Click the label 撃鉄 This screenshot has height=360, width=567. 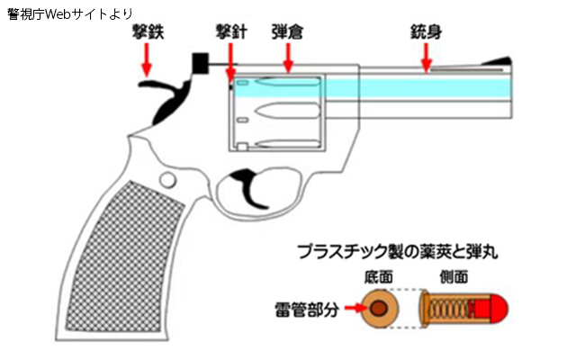click(148, 31)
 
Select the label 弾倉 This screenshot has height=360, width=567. click(287, 31)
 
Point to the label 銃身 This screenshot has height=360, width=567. click(426, 31)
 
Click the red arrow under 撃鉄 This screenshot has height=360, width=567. click(148, 60)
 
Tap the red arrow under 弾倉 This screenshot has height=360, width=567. click(288, 58)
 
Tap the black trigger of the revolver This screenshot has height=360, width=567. click(250, 187)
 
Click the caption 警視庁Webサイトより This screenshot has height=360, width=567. click(70, 14)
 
